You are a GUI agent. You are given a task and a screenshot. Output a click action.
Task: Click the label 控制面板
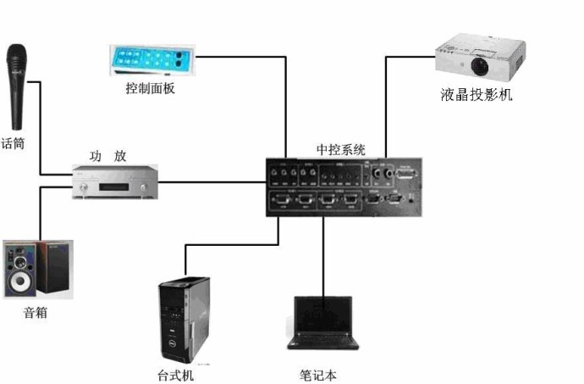pos(151,88)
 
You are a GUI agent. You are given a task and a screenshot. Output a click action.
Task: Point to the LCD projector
pos(475,56)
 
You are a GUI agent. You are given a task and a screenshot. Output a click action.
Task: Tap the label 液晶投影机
pos(476,94)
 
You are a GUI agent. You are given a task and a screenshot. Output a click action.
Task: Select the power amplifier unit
pos(115,181)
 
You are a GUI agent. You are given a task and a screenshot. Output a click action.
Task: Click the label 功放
pos(107,156)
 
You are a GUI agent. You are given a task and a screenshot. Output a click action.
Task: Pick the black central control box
pos(344,188)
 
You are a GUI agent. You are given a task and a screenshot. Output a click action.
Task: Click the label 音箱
pos(35,313)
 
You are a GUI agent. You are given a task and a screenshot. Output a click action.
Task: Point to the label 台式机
pos(181,374)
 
